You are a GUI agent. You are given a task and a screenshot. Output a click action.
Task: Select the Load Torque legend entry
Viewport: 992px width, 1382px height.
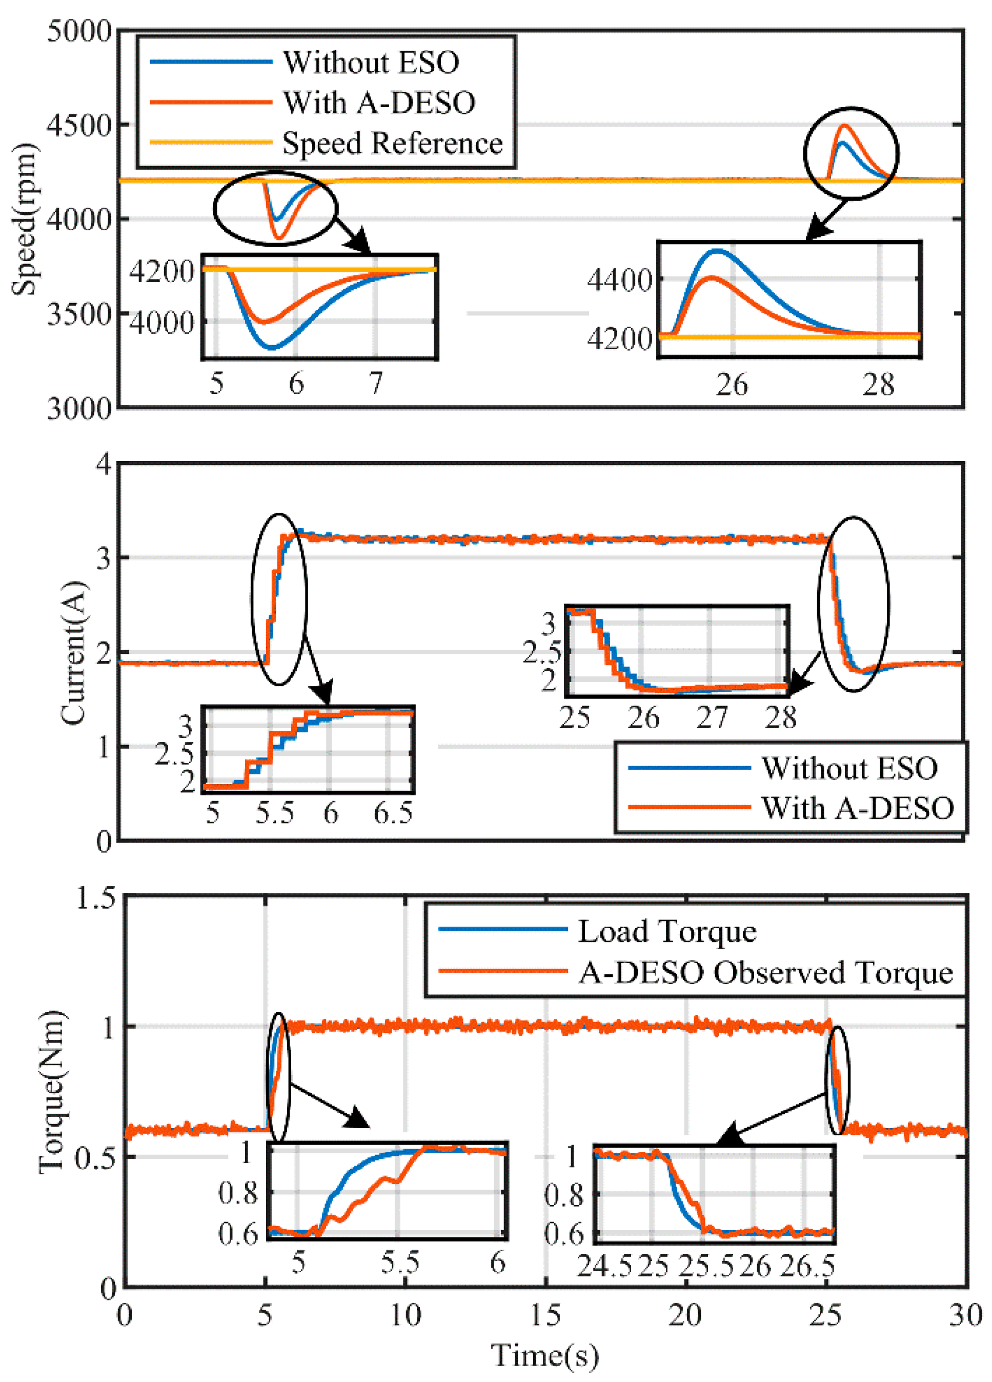pyautogui.click(x=666, y=931)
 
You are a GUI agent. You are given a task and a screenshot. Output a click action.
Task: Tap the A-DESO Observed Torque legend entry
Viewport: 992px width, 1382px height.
pyautogui.click(x=765, y=972)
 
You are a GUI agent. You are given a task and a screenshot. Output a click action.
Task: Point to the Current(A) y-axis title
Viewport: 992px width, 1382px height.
pyautogui.click(x=73, y=653)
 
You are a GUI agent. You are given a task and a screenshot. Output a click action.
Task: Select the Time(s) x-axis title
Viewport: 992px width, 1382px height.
pyautogui.click(x=545, y=1355)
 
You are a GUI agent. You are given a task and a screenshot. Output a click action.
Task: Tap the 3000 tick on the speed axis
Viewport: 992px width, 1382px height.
pyautogui.click(x=79, y=408)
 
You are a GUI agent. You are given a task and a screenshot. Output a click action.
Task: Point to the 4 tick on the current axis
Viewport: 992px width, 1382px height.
pyautogui.click(x=104, y=464)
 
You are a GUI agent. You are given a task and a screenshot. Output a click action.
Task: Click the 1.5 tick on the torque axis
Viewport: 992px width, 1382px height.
pyautogui.click(x=95, y=897)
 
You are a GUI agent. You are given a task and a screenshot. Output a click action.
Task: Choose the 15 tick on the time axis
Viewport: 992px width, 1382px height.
pyautogui.click(x=545, y=1315)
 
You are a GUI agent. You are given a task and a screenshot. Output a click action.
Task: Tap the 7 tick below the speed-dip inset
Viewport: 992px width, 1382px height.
pyautogui.click(x=376, y=383)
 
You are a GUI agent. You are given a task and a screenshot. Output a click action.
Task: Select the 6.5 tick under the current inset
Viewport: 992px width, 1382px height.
pyautogui.click(x=393, y=813)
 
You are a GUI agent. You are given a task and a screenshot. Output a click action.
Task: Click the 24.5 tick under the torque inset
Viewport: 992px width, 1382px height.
pyautogui.click(x=604, y=1266)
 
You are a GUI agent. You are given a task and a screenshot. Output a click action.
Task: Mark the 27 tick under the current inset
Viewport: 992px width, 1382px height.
pyautogui.click(x=712, y=718)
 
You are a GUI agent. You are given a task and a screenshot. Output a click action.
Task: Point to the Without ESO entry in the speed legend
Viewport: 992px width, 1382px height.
pyautogui.click(x=371, y=62)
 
